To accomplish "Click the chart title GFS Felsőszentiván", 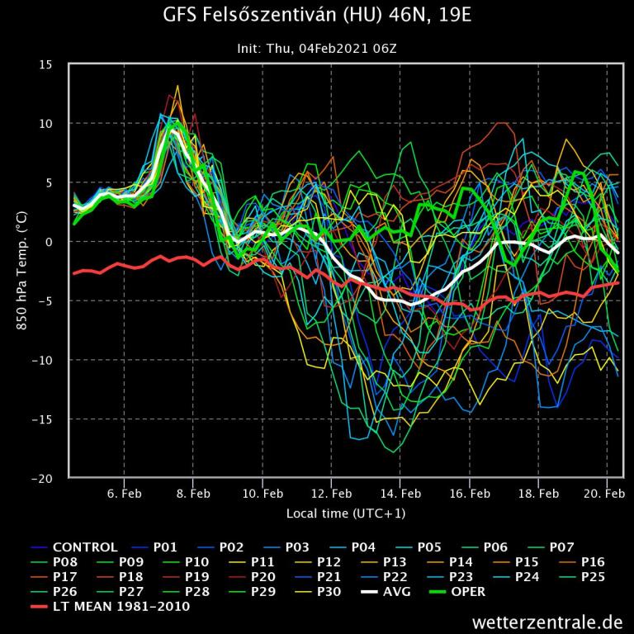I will pyautogui.click(x=317, y=16).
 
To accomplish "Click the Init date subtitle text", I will pyautogui.click(x=317, y=49).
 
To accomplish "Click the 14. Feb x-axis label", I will pyautogui.click(x=400, y=494).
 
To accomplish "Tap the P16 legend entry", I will pyautogui.click(x=593, y=561).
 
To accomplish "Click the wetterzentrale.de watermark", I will pyautogui.click(x=547, y=621).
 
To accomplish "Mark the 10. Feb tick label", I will pyautogui.click(x=263, y=494).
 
